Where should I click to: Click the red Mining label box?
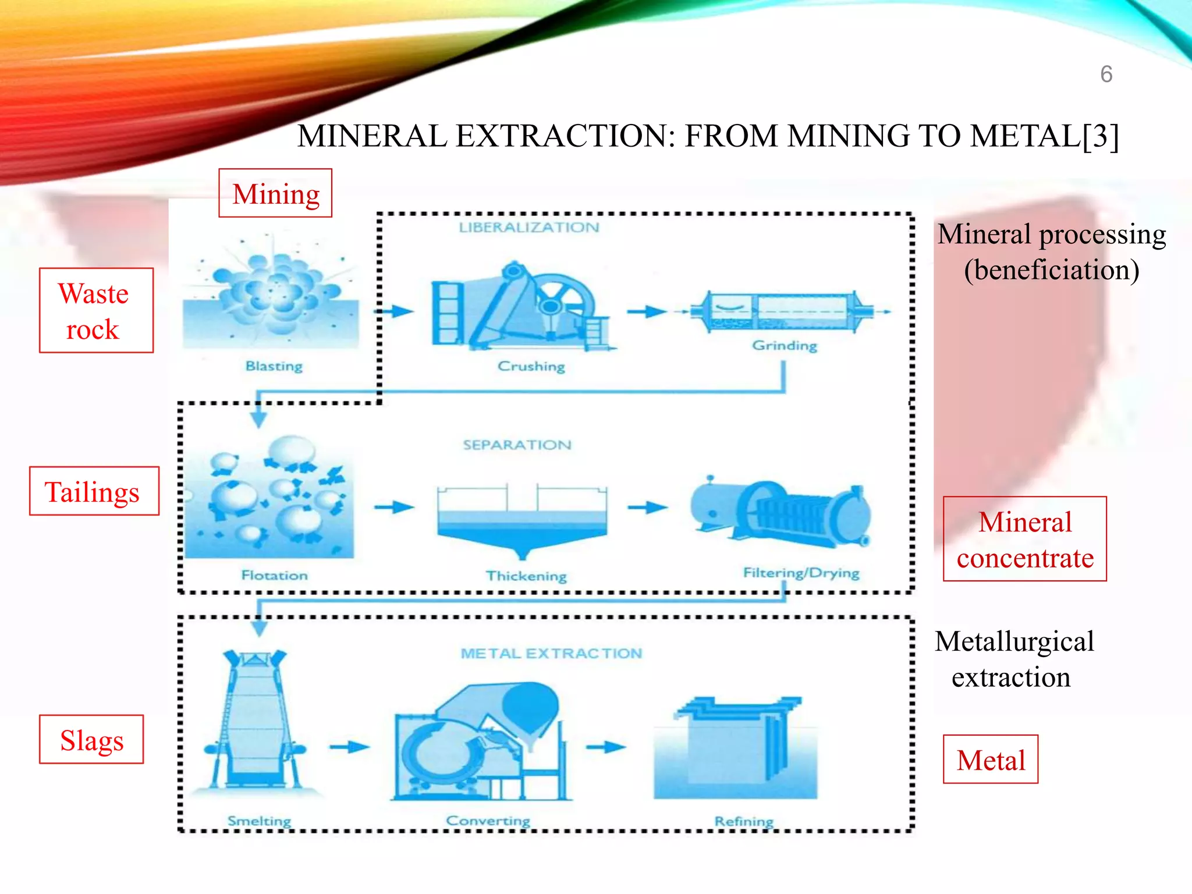coord(275,193)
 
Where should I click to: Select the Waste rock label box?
coord(96,311)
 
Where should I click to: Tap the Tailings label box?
coord(94,491)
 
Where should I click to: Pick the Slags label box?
coord(91,739)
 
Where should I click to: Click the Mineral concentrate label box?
coord(1024,539)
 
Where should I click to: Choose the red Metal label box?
coord(991,760)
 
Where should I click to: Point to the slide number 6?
coord(1106,74)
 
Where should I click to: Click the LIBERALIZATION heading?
coord(528,228)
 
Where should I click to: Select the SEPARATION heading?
coord(517,445)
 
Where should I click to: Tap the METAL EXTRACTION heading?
coord(551,654)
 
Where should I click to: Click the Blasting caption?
coord(274,366)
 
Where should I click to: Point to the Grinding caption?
coord(785,346)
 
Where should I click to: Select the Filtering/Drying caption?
coord(801,573)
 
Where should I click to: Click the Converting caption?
coord(488,821)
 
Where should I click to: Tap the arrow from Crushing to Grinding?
coord(647,312)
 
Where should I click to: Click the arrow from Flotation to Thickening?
coord(394,508)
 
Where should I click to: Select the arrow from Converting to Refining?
coord(606,747)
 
